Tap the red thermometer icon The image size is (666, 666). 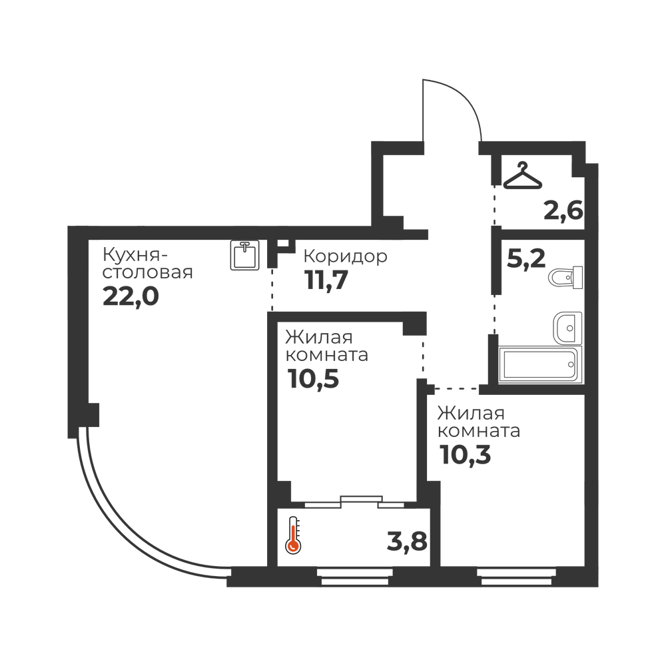click(x=293, y=535)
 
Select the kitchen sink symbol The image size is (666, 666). click(x=244, y=255)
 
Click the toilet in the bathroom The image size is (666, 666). click(x=565, y=278)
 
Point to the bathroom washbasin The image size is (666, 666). click(x=567, y=328)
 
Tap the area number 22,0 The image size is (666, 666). click(x=131, y=296)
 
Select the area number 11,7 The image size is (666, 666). click(x=326, y=280)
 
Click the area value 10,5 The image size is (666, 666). click(x=313, y=378)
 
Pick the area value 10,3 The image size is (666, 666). click(x=465, y=454)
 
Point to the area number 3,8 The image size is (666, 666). click(x=407, y=541)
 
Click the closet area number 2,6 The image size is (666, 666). click(x=563, y=210)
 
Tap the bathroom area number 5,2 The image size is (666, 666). click(x=526, y=258)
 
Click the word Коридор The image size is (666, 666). click(x=345, y=256)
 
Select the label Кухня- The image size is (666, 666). click(x=135, y=256)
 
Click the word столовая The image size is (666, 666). click(x=148, y=272)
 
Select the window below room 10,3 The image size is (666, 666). click(x=516, y=577)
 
